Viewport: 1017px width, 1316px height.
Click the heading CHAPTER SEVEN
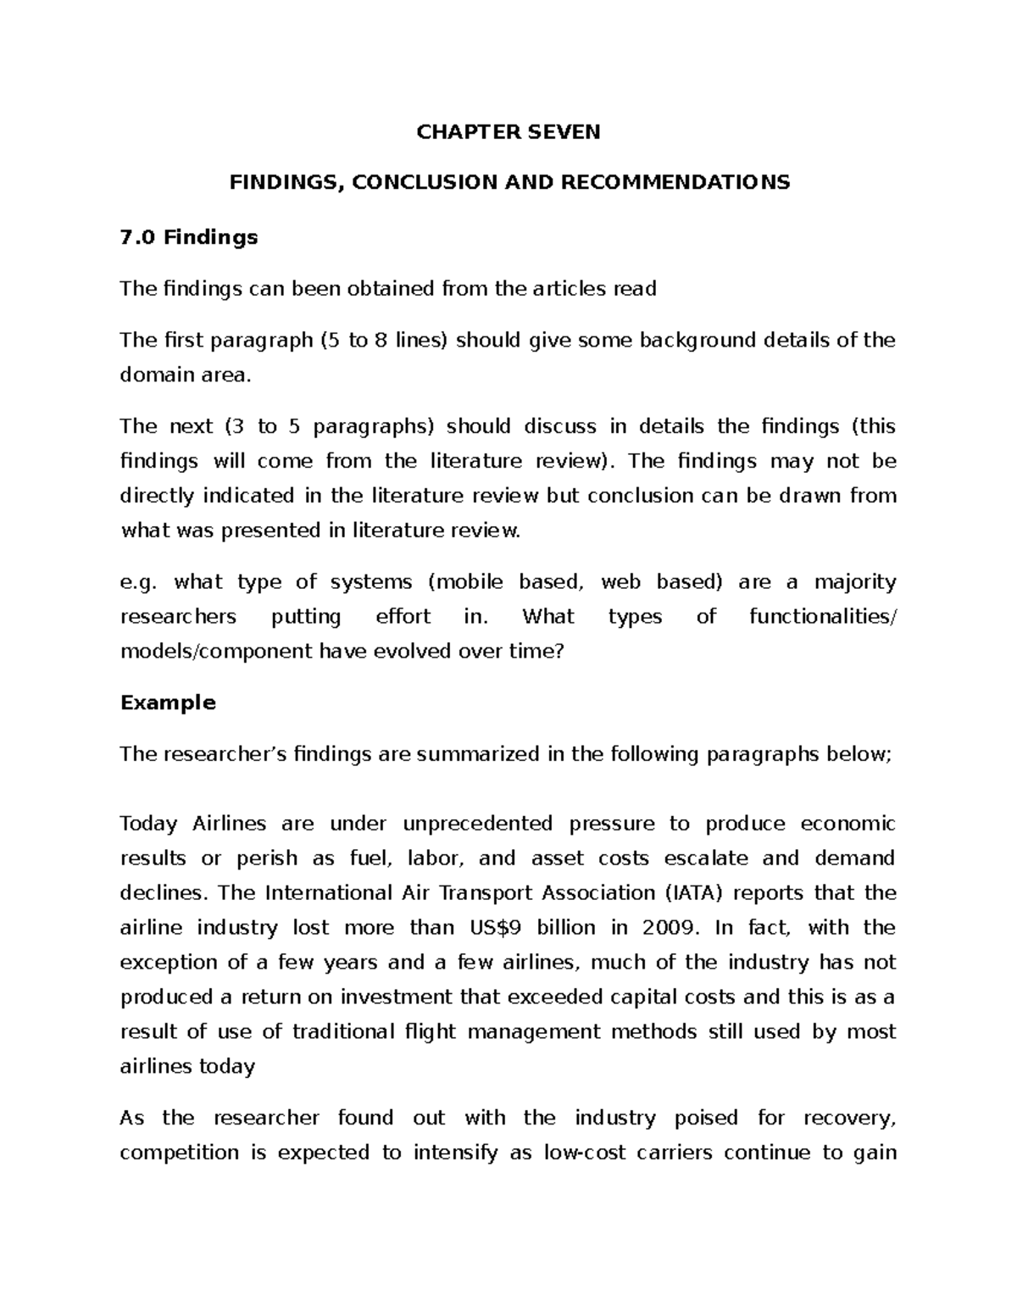tap(508, 132)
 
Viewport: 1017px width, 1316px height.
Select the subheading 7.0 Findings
tap(189, 237)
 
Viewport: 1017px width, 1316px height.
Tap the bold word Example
tap(168, 702)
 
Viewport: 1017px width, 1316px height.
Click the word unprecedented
tap(477, 824)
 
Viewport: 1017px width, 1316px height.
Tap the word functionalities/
tap(821, 616)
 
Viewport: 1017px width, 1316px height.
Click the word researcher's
tap(219, 754)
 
